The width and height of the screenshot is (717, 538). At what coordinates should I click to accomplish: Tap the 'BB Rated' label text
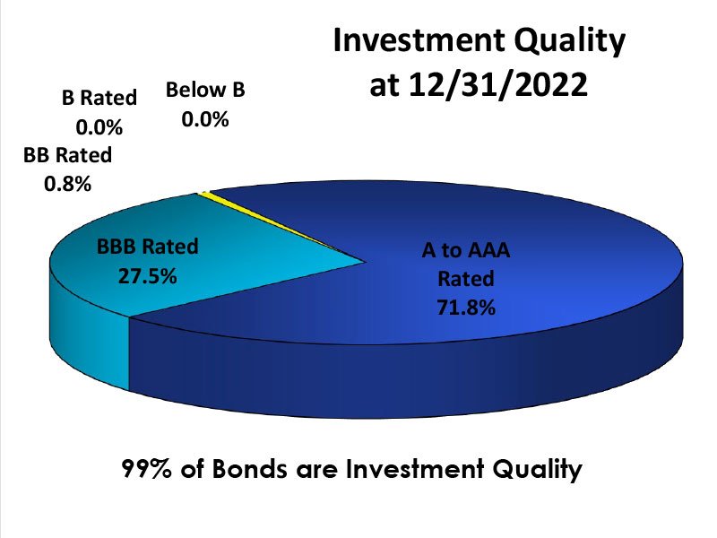[68, 155]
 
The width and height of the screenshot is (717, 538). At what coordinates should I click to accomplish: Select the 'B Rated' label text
[99, 98]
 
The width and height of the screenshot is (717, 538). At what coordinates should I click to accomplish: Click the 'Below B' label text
[205, 90]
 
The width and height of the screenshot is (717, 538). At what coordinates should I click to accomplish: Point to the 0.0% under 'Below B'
[205, 117]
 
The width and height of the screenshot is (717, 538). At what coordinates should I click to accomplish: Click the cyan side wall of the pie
[90, 350]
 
